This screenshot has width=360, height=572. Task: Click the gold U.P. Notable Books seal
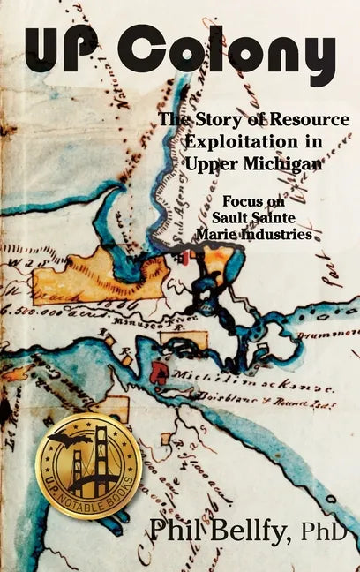point(89,465)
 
